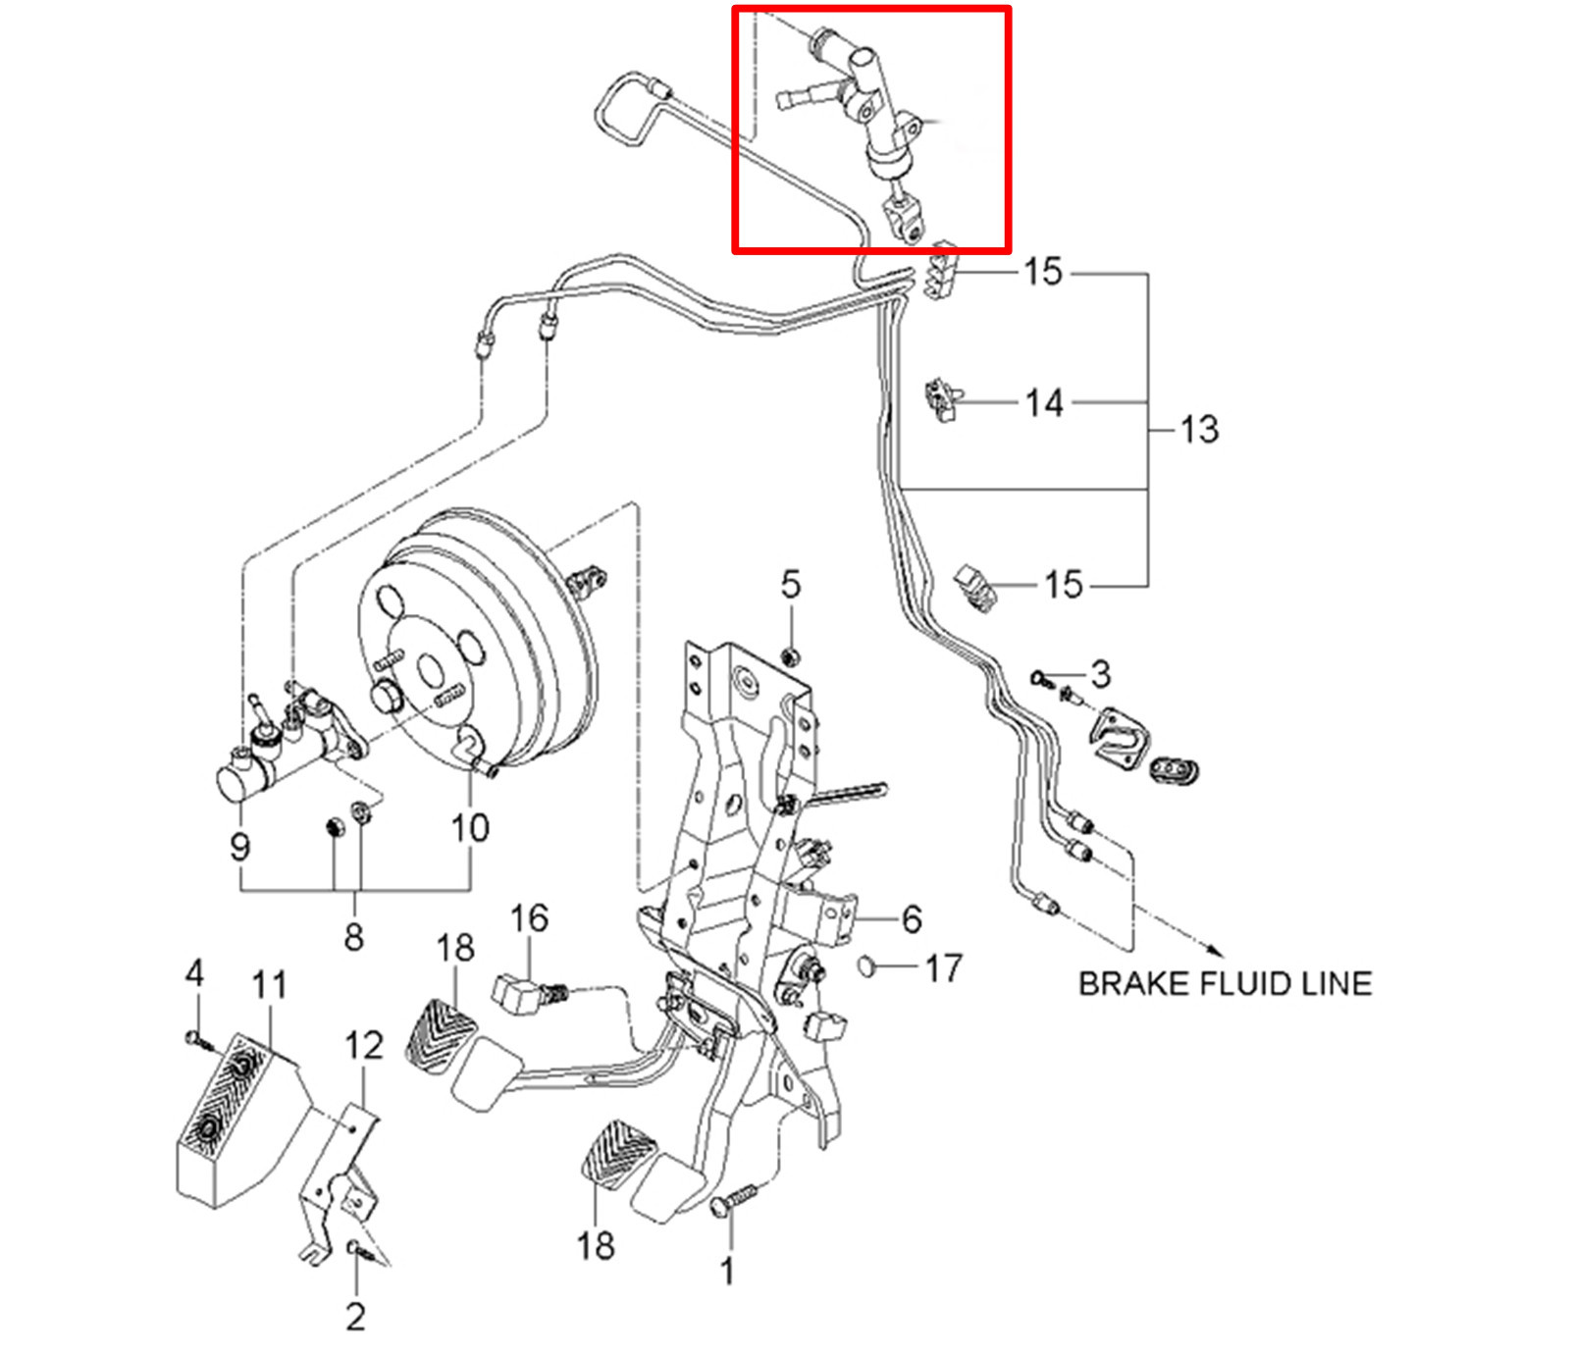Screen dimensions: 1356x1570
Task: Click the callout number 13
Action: (x=1199, y=430)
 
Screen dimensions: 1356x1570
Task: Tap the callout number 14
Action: (x=1044, y=403)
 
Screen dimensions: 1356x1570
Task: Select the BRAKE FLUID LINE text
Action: (x=1225, y=984)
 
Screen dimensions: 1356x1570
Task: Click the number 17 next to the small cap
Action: (x=944, y=969)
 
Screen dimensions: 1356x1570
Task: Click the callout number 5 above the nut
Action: (x=791, y=585)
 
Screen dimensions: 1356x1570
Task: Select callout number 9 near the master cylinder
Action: (x=240, y=846)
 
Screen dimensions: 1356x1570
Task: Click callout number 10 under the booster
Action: (x=470, y=828)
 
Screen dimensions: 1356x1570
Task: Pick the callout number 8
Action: (x=354, y=937)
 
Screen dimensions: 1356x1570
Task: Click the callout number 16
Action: (x=529, y=918)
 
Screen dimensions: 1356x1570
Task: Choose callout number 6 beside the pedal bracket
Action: (x=912, y=919)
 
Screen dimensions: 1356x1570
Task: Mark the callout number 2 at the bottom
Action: (x=356, y=1316)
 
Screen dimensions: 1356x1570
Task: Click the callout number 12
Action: (x=363, y=1045)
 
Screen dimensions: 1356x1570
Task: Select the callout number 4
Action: (x=194, y=973)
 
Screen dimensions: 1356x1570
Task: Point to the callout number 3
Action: (x=1101, y=674)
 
